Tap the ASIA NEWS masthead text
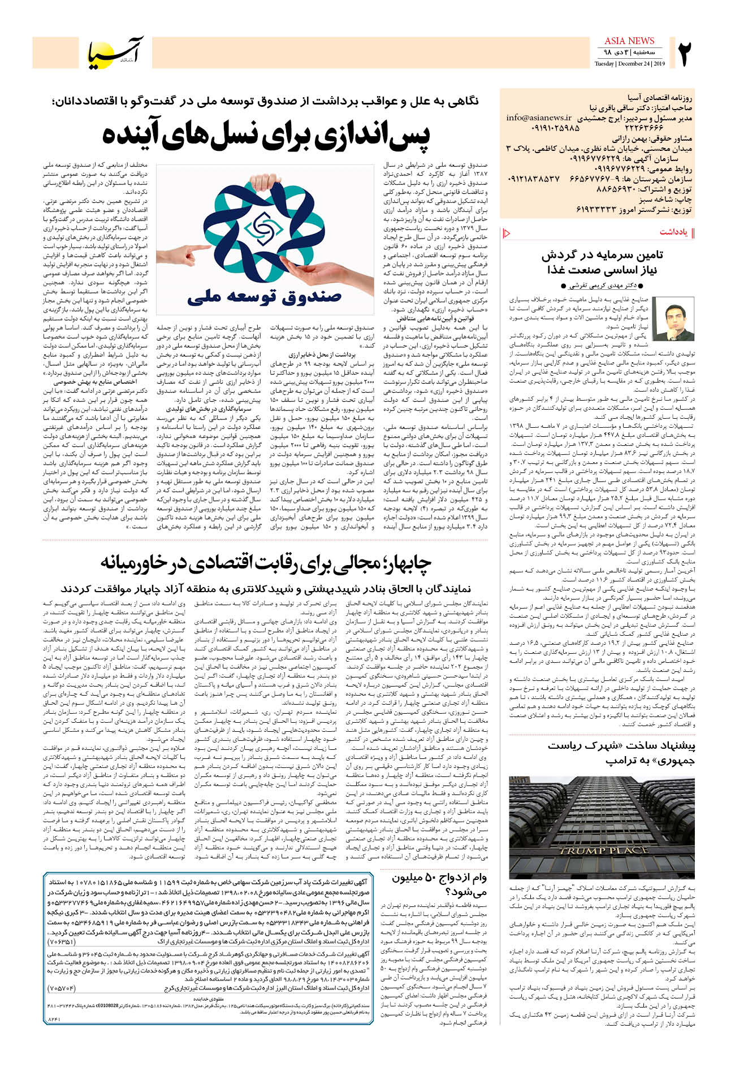pos(629,41)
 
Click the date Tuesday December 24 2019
pos(629,63)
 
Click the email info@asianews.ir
pos(539,118)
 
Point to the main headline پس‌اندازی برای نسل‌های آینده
pos(266,134)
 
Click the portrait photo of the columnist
pos(673,318)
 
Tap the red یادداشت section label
pos(673,232)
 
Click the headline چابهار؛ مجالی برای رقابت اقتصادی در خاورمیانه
pos(266,562)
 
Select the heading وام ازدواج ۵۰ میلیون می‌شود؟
pos(439,884)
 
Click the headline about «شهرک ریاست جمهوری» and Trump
pos(621,753)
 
